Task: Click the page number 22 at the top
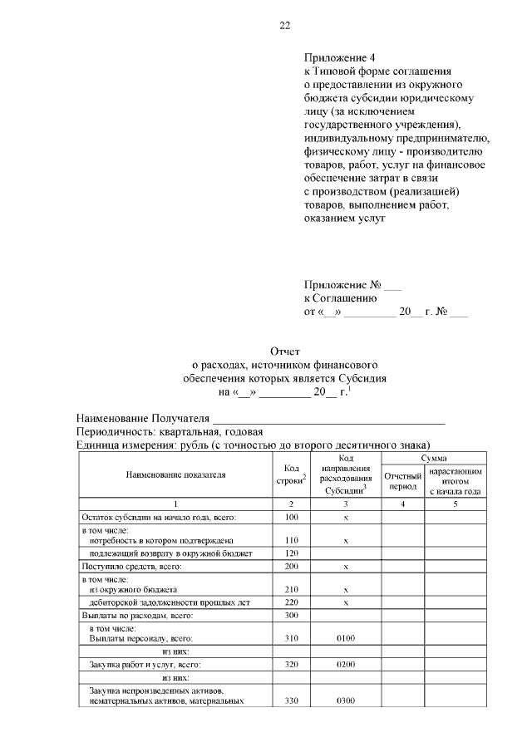pos(284,26)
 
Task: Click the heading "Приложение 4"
pos(340,58)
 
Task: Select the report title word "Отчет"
pos(284,352)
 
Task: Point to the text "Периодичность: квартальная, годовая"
pos(170,432)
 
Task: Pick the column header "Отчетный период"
pos(402,479)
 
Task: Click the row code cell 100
pos(291,518)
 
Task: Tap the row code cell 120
pos(291,553)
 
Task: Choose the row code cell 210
pos(291,589)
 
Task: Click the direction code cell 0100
pos(346,638)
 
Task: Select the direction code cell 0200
pos(346,665)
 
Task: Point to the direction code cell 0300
pos(346,700)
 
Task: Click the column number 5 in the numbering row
pos(455,504)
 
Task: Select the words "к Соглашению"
pos(341,297)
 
